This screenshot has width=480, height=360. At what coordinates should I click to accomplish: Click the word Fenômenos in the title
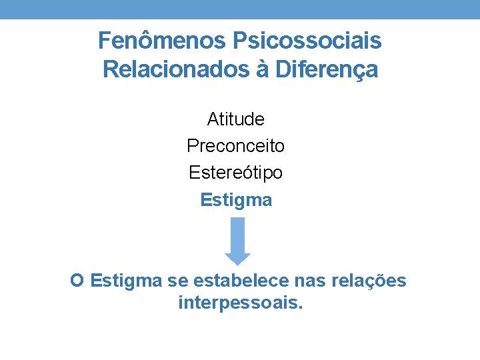(162, 41)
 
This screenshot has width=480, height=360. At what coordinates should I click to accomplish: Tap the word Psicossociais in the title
(307, 41)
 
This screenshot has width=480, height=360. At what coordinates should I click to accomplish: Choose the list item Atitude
(236, 119)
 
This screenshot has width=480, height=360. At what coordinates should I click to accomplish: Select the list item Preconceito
(236, 145)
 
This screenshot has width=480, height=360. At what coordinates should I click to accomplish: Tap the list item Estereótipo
(236, 173)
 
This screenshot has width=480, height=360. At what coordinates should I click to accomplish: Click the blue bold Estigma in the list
(236, 200)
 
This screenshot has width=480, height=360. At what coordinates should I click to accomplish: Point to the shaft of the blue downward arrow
(237, 233)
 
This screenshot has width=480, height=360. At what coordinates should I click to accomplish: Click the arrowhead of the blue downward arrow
(237, 258)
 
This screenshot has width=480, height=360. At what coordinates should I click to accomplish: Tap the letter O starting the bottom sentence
(77, 281)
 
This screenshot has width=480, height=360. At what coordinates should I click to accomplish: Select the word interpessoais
(238, 304)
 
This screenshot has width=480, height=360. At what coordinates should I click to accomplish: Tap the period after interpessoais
(301, 309)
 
